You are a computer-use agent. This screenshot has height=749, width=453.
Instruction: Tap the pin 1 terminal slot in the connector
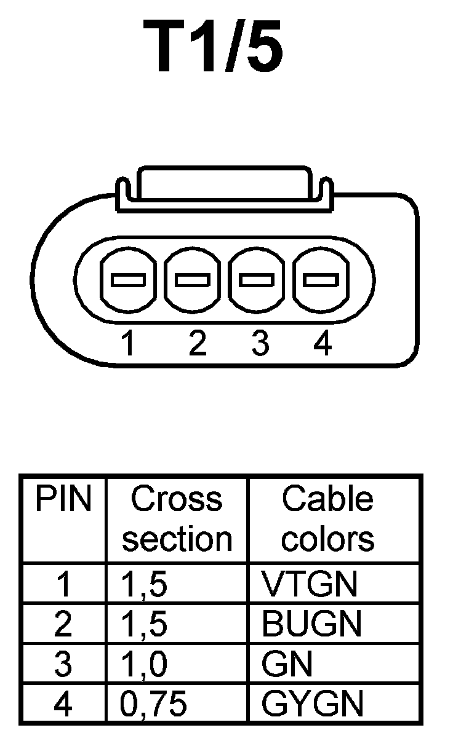pos(129,280)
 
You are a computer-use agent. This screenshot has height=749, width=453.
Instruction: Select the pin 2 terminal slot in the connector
pos(193,280)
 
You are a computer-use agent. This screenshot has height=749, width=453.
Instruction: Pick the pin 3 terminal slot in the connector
pos(257,280)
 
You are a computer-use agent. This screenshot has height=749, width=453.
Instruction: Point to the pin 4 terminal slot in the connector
pos(321,280)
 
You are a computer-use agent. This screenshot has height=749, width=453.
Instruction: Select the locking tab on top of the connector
pos(223,184)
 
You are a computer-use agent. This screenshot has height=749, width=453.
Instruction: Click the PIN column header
pos(63,500)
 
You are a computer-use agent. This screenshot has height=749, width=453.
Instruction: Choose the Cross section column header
pos(177,519)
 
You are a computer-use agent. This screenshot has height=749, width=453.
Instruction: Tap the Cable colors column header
pos(327,519)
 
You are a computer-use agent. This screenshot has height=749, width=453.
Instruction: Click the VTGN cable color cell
pos(309,584)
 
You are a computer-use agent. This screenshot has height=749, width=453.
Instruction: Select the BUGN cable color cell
pos(311,624)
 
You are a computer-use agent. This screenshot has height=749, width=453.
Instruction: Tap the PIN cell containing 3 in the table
pos(63,664)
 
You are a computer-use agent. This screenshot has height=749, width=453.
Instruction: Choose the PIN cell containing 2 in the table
pos(63,624)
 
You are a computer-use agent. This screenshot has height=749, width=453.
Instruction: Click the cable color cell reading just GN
pos(287,664)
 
